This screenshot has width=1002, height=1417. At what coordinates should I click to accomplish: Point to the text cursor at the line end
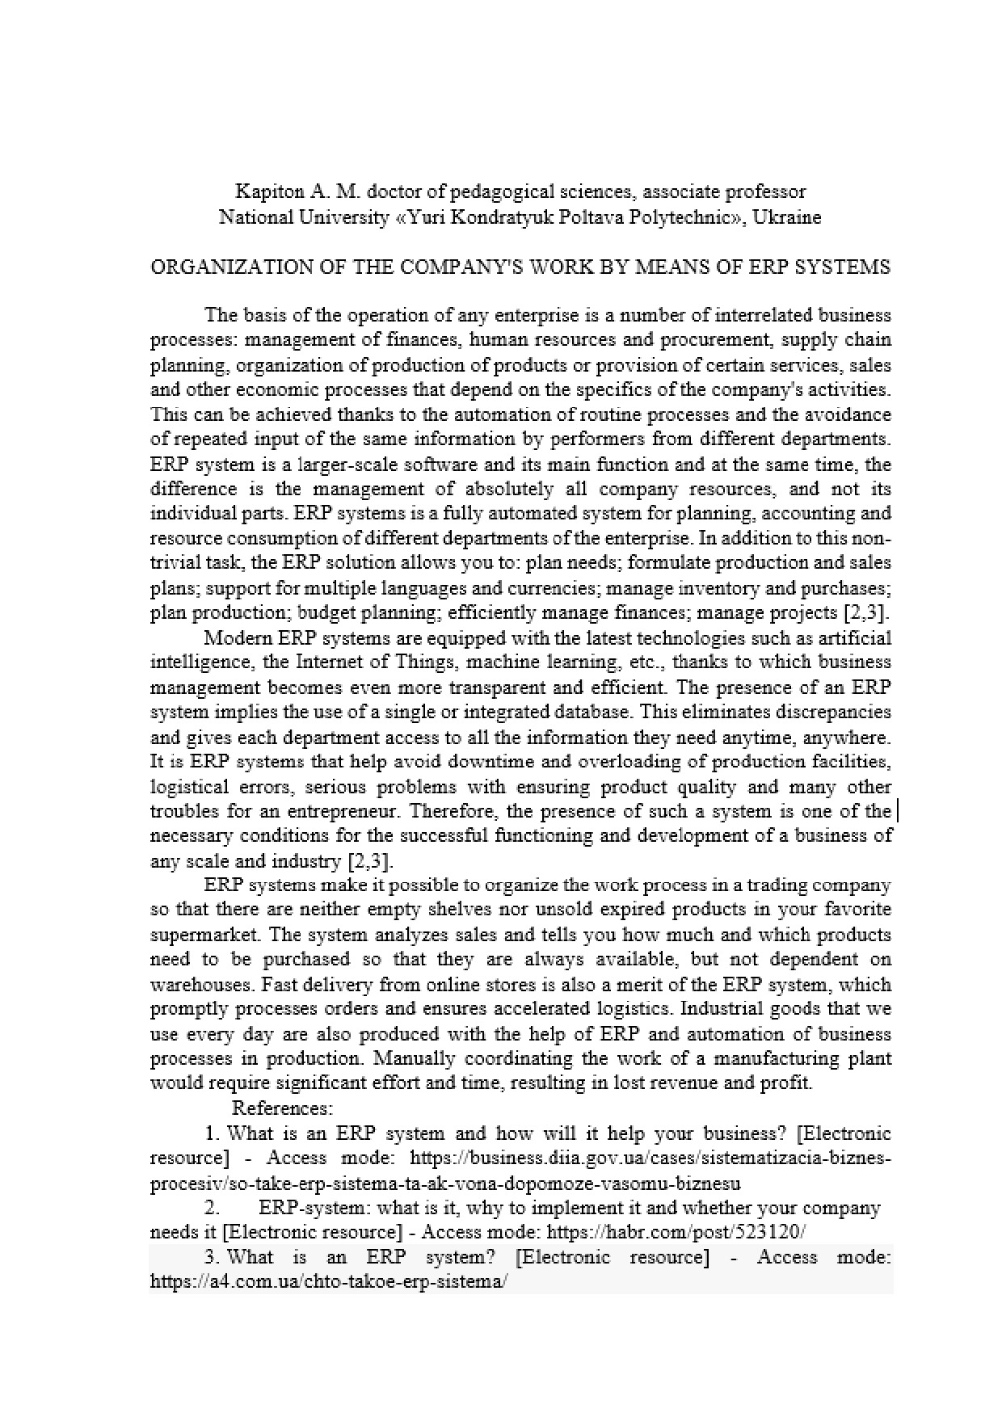(x=899, y=810)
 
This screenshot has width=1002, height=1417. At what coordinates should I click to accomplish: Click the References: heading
(x=283, y=1108)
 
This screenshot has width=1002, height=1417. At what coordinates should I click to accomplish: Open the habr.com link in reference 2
(x=676, y=1232)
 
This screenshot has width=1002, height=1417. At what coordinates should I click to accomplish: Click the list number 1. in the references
(x=213, y=1133)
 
